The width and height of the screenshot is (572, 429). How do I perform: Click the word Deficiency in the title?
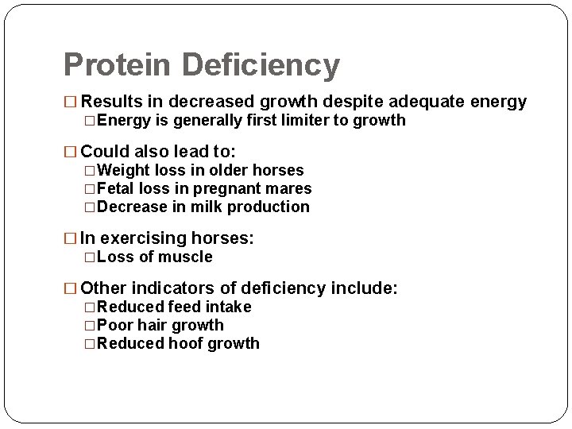261,65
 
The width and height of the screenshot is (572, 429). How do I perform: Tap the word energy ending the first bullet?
498,102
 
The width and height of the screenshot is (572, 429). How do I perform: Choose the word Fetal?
116,189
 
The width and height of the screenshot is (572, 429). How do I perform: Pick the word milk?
205,207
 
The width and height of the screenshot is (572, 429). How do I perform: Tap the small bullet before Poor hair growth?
90,326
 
